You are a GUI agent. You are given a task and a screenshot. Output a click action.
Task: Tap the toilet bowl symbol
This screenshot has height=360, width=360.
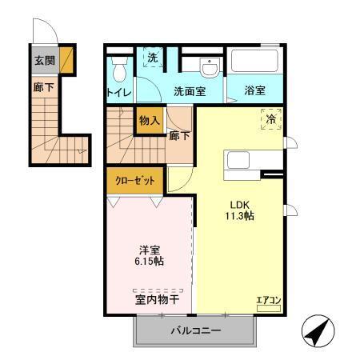pyautogui.click(x=120, y=71)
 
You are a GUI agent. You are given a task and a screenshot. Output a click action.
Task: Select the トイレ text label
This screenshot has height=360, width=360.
pyautogui.click(x=119, y=92)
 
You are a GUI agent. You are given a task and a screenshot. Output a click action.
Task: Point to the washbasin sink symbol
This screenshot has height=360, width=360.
pyautogui.click(x=210, y=66)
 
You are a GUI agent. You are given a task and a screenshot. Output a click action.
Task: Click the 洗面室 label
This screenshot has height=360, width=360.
pyautogui.click(x=190, y=91)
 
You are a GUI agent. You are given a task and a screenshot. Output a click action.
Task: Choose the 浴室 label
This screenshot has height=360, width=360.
pyautogui.click(x=254, y=91)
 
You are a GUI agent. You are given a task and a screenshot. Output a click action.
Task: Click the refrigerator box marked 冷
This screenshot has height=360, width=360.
pyautogui.click(x=270, y=119)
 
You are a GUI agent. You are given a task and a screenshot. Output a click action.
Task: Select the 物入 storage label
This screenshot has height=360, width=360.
pyautogui.click(x=149, y=122)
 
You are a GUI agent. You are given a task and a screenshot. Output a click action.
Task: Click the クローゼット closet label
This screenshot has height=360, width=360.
pyautogui.click(x=134, y=180)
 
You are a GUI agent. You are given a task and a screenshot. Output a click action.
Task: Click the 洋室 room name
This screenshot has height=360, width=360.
pyautogui.click(x=148, y=249)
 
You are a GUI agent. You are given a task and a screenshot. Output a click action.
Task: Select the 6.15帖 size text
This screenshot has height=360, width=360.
pyautogui.click(x=148, y=262)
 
